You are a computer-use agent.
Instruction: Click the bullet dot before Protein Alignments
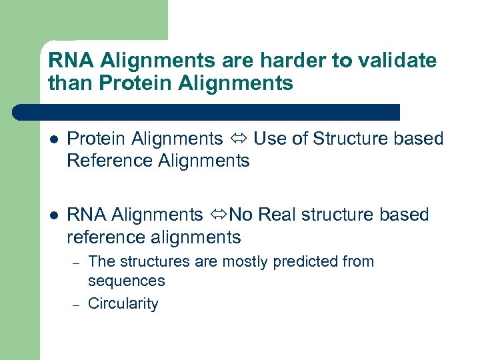53,139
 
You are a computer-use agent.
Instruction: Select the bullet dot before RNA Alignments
53,215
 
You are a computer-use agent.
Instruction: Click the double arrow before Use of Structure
239,139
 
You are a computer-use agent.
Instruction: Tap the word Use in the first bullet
268,139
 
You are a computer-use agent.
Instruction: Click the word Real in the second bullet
277,215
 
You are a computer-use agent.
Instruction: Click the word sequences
126,281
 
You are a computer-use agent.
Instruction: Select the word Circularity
123,304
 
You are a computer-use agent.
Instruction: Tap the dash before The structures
77,263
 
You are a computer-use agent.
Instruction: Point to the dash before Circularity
77,305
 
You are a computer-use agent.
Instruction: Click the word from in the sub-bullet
359,261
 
